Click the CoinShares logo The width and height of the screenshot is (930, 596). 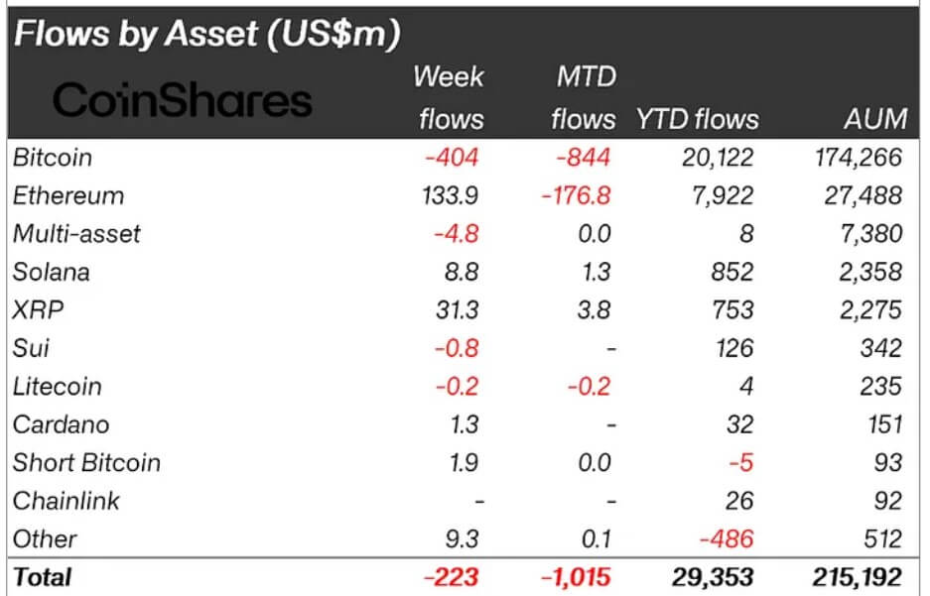coord(182,99)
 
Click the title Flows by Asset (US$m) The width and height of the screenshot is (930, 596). coord(206,34)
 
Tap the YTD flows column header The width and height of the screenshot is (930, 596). coord(697,120)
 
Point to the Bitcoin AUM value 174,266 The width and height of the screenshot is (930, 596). coord(855,157)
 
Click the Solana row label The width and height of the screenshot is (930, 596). coord(52,272)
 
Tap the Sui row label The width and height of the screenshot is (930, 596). coord(31,348)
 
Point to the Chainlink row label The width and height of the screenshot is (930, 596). coord(66,501)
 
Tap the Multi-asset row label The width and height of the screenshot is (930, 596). coord(76,234)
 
